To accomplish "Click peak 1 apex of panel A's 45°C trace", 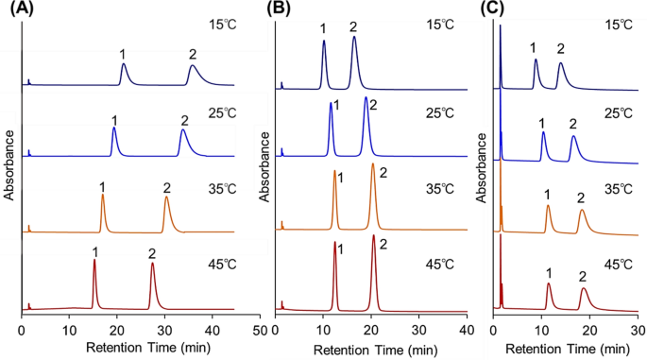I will tap(94, 261).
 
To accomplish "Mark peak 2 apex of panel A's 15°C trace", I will tap(193, 66).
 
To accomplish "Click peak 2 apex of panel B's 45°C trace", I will tap(374, 236).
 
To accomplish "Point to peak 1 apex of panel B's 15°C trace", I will tap(324, 41).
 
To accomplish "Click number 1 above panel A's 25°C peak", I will tap(114, 119).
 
